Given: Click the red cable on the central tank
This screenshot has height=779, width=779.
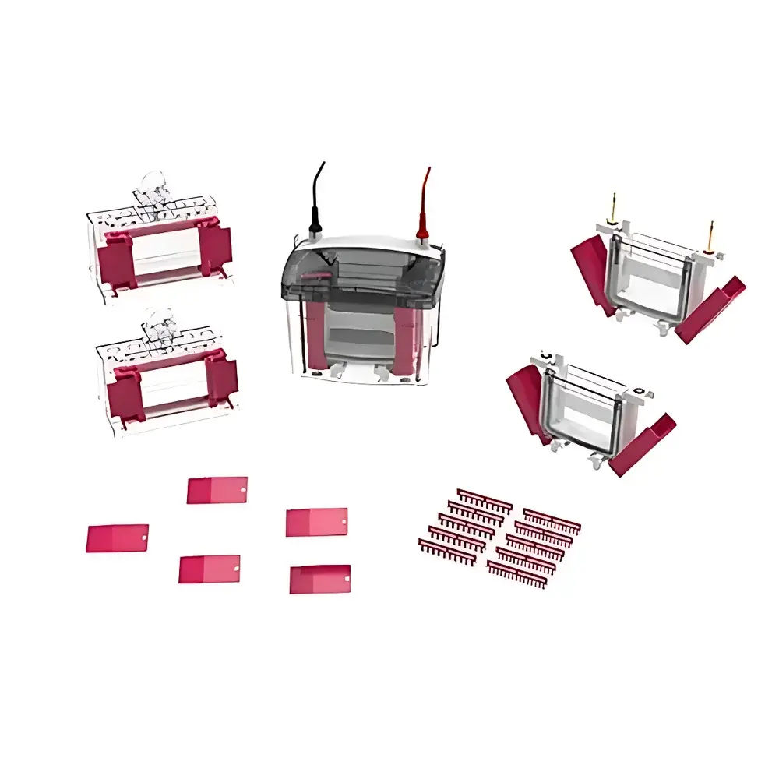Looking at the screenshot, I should click(x=425, y=199).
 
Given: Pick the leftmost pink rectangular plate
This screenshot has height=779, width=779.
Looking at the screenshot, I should click(x=117, y=538).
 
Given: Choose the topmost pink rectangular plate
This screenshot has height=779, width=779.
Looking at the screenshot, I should click(x=217, y=490).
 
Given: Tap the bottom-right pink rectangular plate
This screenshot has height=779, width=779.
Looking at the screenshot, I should click(x=319, y=579).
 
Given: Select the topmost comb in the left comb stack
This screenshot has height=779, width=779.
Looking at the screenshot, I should click(x=484, y=500).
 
